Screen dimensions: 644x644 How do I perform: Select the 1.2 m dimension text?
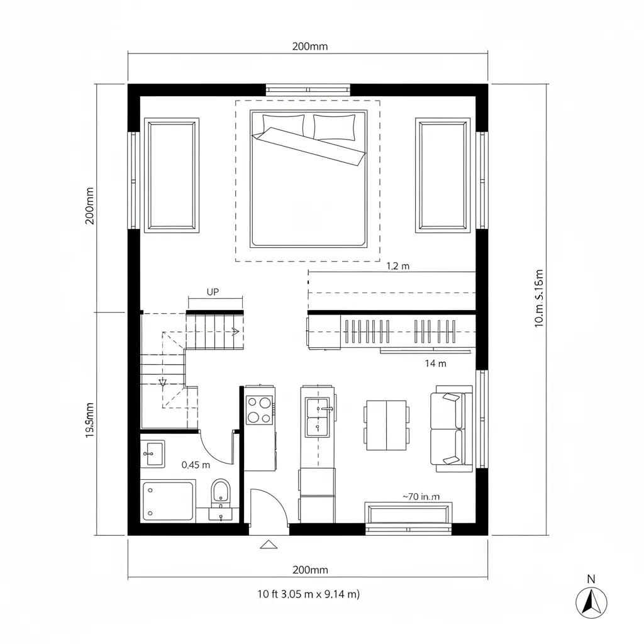396,266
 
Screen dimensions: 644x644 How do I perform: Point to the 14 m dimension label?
435,363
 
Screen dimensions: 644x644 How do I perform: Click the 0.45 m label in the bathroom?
196,465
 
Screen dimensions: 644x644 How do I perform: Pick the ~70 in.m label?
421,496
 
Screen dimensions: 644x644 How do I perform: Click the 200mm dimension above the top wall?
309,47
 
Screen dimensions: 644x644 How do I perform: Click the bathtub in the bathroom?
168,501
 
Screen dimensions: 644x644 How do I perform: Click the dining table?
386,425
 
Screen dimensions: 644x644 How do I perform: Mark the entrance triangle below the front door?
269,544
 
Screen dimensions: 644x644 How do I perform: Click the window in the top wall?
308,89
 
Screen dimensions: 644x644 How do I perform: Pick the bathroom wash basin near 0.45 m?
152,453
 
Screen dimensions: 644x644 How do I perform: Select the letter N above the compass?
591,579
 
